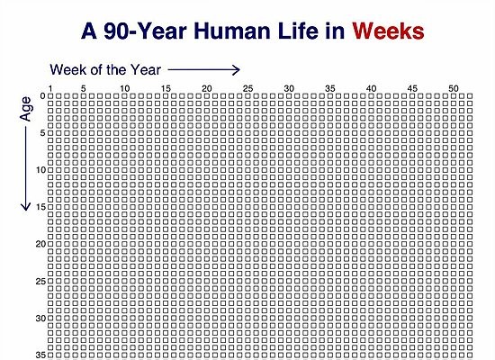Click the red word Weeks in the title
tap(388, 31)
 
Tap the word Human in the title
tap(232, 31)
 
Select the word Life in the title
tap(298, 31)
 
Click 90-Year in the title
tap(145, 31)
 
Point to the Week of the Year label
tap(105, 69)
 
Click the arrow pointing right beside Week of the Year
tap(204, 70)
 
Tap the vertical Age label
tap(25, 109)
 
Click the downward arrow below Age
tap(25, 168)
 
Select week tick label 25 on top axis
tap(247, 89)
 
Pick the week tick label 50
tap(454, 89)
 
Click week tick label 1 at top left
tap(50, 89)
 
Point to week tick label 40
tap(371, 89)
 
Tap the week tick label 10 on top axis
tap(125, 89)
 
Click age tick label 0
tap(43, 96)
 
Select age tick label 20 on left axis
tap(40, 244)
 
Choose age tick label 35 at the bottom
tap(40, 355)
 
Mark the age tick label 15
tap(40, 207)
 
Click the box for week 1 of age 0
tap(50, 96)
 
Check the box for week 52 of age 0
tap(470, 96)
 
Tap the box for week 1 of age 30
tap(50, 319)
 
